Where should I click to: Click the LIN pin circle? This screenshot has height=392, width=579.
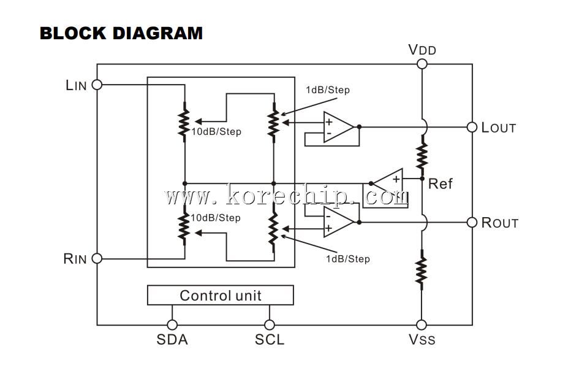pos(97,85)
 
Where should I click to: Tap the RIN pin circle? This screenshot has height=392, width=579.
pos(97,258)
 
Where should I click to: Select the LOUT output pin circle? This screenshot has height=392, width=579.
pos(472,127)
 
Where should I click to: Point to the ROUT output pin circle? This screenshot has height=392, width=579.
pos(472,222)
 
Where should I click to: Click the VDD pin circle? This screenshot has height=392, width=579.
pos(422,64)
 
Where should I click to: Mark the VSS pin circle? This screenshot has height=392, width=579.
pos(422,325)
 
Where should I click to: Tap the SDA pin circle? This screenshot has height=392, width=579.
pos(172,325)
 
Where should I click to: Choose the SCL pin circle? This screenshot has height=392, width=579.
pos(270,325)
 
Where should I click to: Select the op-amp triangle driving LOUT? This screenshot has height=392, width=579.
pos(338,127)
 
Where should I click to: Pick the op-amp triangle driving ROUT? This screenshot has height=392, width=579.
pos(338,222)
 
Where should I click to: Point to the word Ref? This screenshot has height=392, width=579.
pos(440,183)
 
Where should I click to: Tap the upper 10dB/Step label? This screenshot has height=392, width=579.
pos(216,132)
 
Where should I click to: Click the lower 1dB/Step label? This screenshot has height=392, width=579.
pos(348,259)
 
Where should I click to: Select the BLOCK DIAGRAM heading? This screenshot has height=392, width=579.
pos(121,33)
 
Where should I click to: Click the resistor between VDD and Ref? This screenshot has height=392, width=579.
pos(422,155)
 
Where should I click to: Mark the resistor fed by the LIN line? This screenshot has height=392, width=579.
pos(184,122)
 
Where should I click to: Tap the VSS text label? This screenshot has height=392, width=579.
pos(422,339)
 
